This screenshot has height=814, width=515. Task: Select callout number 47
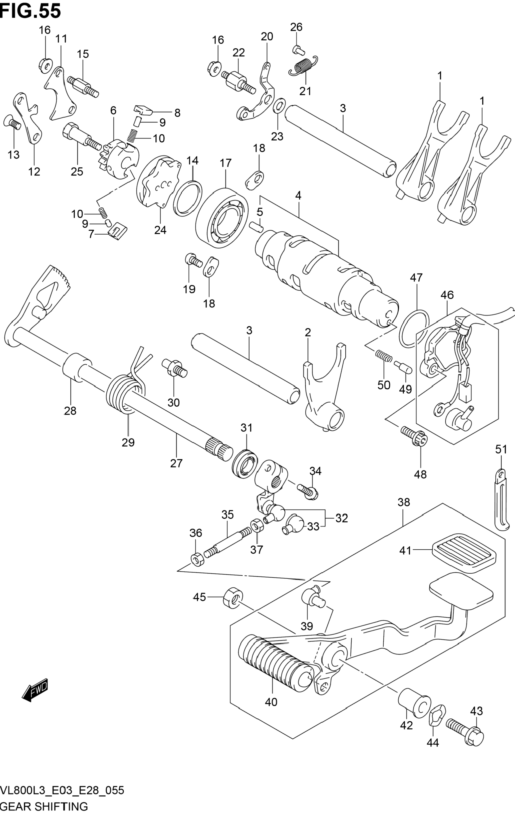point(416,278)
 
